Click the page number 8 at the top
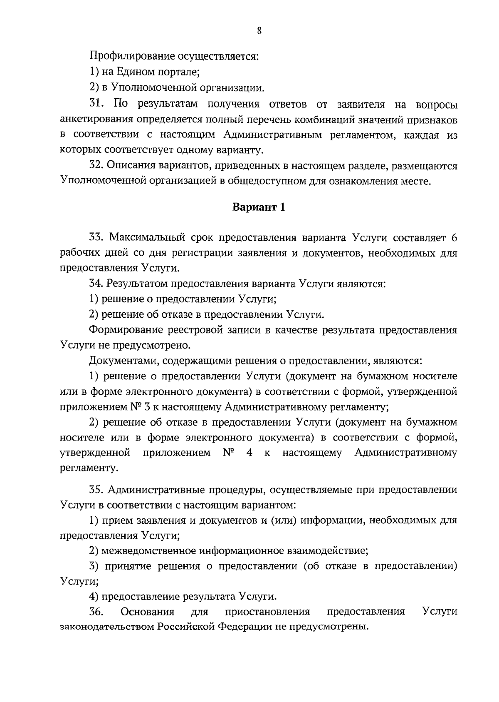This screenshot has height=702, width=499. click(x=259, y=30)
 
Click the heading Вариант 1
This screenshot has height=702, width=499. click(x=259, y=207)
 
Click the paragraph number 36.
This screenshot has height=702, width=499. click(x=97, y=612)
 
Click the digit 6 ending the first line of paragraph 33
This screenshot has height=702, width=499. click(x=454, y=237)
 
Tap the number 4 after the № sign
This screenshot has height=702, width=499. click(x=249, y=453)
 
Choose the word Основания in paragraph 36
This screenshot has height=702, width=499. click(x=147, y=612)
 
